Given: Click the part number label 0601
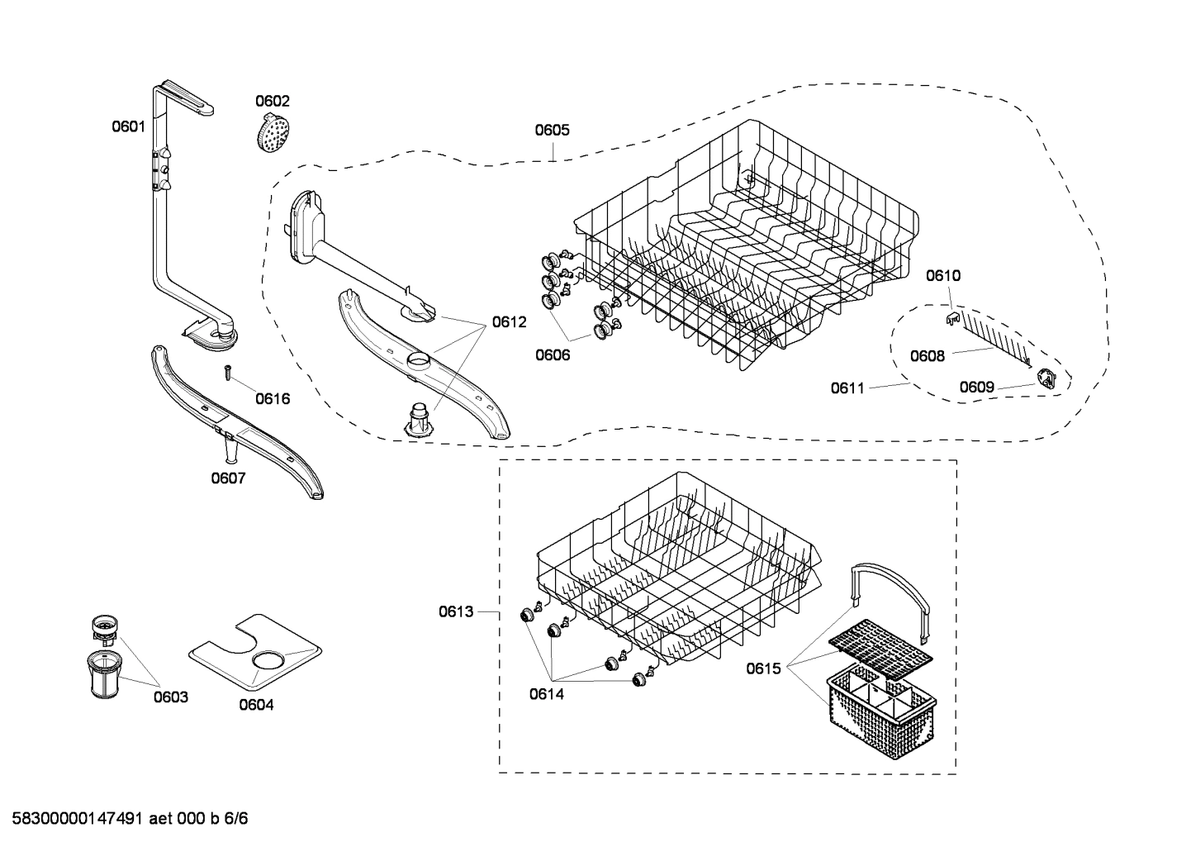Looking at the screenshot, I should point(128,126).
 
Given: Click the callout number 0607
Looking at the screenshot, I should point(228,478).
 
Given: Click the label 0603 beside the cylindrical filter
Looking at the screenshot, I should point(170,697).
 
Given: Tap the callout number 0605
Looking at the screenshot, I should point(552,130).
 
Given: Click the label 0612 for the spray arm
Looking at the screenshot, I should point(509,322).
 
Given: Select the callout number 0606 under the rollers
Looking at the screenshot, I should point(553,355).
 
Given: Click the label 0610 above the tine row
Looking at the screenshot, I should point(942,275).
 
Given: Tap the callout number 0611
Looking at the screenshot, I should point(848,387).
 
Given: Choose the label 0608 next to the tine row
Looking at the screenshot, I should point(928,356).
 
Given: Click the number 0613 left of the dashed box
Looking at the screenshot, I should point(456,611).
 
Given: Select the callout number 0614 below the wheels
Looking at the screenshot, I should point(547,694).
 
